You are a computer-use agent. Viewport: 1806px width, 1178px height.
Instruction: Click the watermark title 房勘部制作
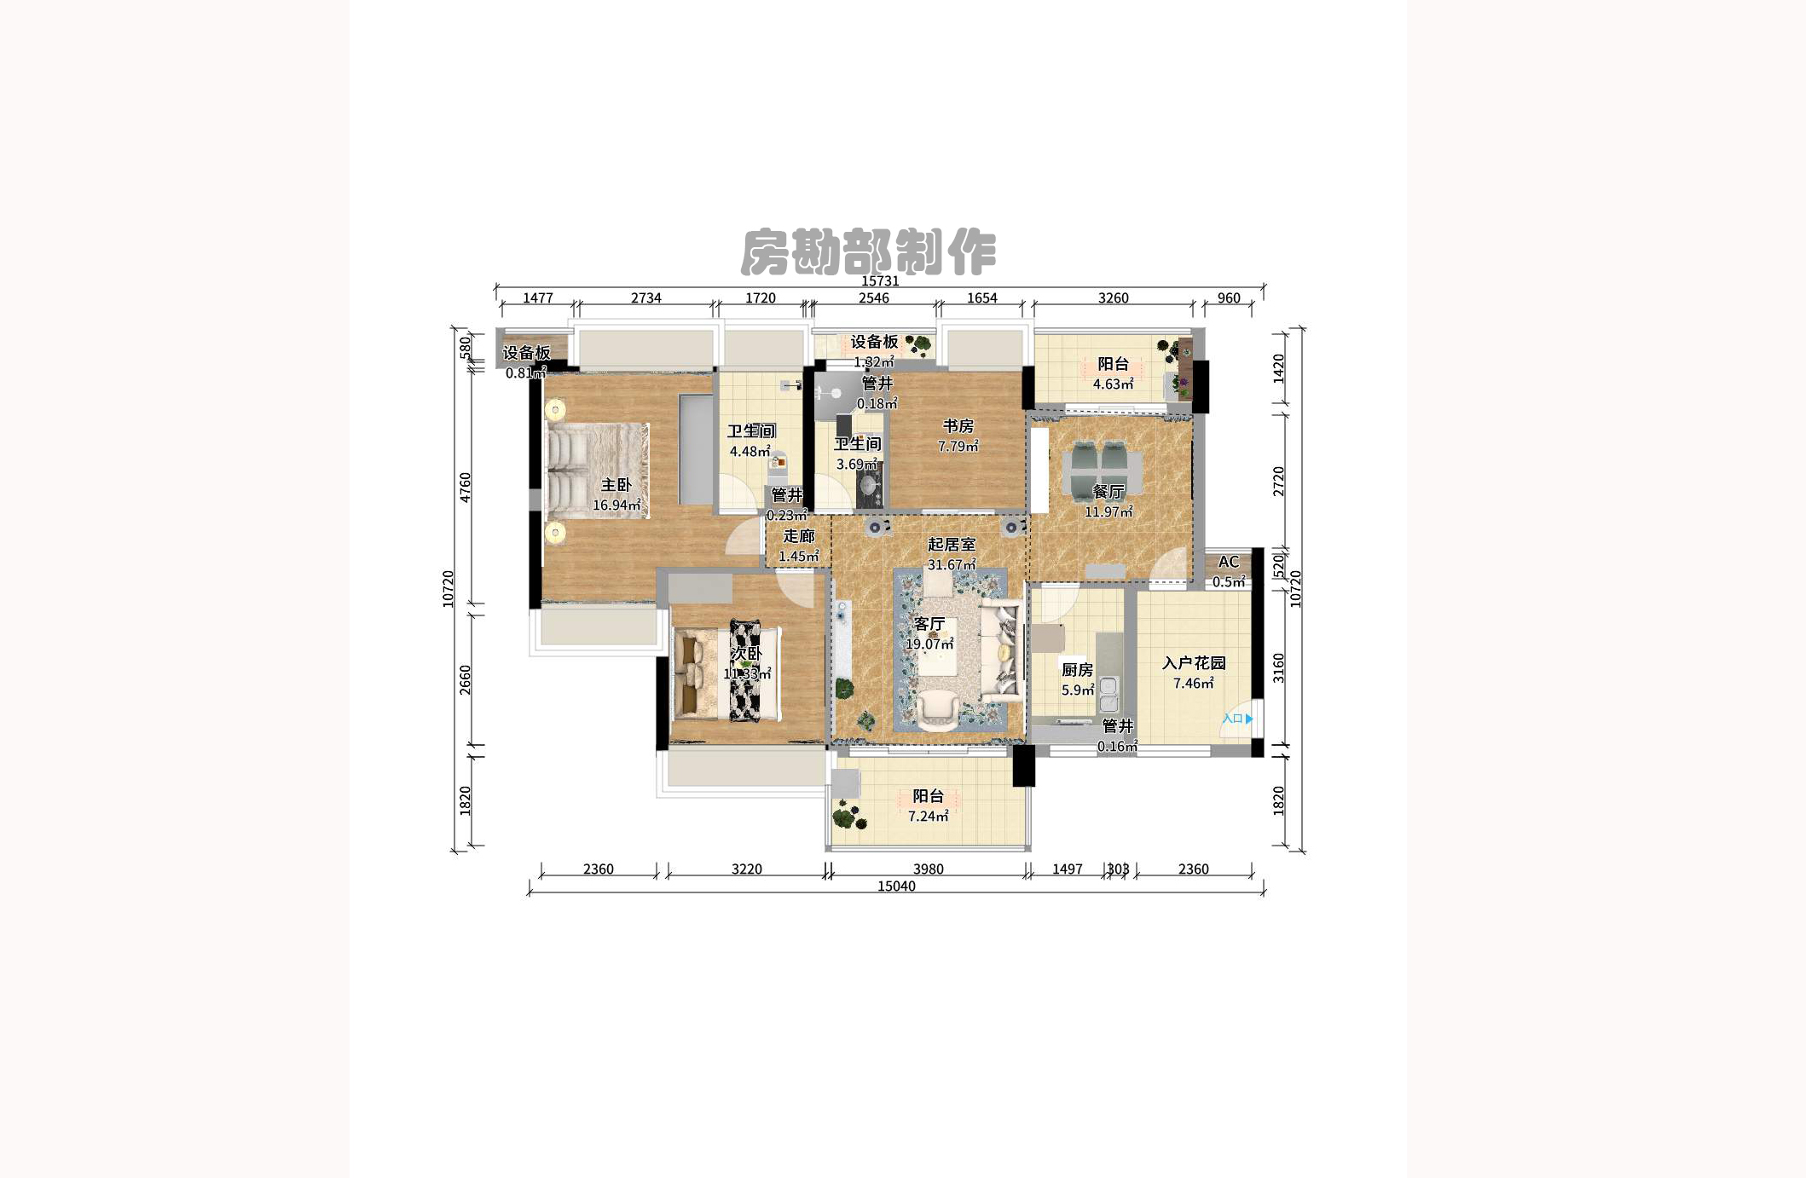(x=868, y=251)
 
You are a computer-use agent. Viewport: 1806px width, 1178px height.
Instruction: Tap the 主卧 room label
(x=616, y=485)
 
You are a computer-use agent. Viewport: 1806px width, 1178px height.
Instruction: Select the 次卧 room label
(x=745, y=654)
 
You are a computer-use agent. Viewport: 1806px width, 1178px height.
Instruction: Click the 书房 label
(x=958, y=426)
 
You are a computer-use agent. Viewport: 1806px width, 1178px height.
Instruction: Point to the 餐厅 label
(x=1108, y=492)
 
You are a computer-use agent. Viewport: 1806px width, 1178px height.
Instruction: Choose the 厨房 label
(x=1077, y=670)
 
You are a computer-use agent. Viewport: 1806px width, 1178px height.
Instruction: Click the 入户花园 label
(x=1193, y=663)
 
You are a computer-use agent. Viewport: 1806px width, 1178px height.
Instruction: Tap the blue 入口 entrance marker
(x=1236, y=719)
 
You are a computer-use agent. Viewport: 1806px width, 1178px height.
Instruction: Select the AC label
(x=1228, y=562)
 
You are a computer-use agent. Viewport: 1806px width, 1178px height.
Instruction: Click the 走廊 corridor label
(x=799, y=536)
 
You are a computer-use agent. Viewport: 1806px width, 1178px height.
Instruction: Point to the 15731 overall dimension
(x=880, y=280)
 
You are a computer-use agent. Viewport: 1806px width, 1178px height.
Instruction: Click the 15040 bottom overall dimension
(x=896, y=886)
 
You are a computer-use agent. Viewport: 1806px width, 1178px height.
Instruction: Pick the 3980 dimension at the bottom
(x=928, y=869)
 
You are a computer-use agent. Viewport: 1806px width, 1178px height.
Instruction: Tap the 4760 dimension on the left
(x=466, y=487)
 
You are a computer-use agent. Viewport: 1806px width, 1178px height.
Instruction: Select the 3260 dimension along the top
(x=1113, y=298)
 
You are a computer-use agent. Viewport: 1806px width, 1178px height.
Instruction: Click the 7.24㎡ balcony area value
(x=928, y=817)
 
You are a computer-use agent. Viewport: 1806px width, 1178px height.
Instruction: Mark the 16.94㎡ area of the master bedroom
(x=616, y=505)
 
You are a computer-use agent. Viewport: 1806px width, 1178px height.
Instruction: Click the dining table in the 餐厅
(x=1103, y=469)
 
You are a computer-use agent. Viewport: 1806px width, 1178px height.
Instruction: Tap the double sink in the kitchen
(x=1108, y=694)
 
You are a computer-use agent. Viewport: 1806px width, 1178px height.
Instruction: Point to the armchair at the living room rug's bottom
(x=937, y=709)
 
